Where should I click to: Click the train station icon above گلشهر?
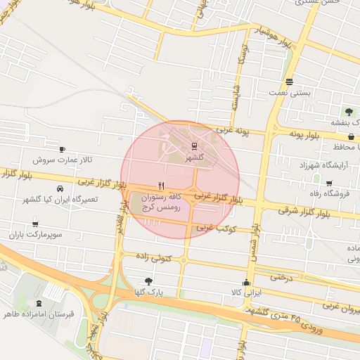[193, 146]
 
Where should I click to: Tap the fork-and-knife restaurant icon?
[162, 186]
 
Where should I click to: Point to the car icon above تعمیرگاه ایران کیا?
[60, 188]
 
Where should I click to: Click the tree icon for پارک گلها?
[148, 281]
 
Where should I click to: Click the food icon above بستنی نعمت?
[289, 81]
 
